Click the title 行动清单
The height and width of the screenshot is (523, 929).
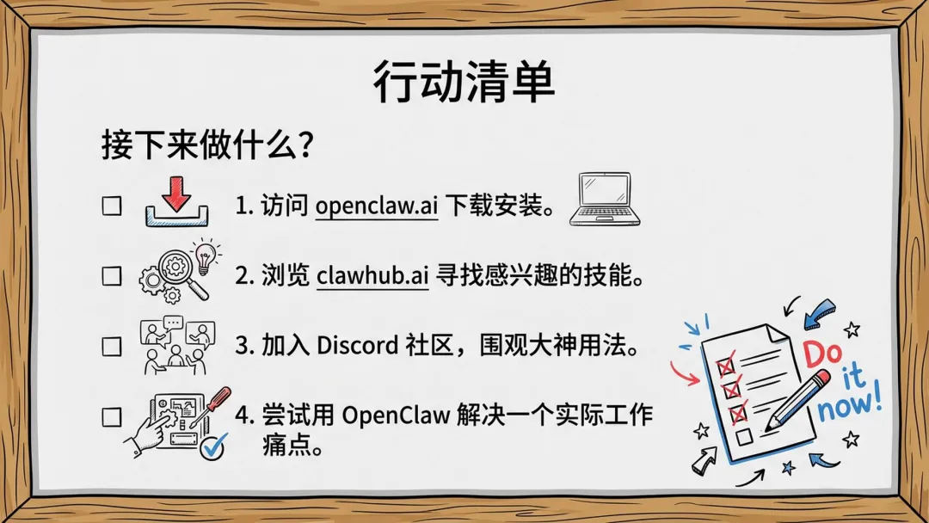(x=464, y=83)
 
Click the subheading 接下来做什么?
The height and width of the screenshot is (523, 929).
(x=207, y=145)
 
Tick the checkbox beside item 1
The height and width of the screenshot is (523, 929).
(x=112, y=206)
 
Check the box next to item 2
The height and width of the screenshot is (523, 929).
(x=112, y=276)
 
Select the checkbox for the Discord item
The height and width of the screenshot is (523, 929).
(x=112, y=347)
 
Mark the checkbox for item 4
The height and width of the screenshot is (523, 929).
(x=112, y=417)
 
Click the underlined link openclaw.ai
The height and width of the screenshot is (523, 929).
(x=376, y=206)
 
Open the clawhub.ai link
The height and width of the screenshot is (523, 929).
(x=372, y=277)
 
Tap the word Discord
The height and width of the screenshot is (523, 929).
(x=357, y=346)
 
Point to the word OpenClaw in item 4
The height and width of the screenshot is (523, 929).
(x=396, y=415)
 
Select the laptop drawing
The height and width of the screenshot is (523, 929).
(x=605, y=200)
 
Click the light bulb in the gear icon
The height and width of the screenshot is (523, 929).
(x=205, y=256)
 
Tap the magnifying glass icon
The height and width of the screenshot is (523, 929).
(x=181, y=274)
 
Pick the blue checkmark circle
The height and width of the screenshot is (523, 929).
(x=212, y=446)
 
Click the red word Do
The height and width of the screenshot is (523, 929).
(x=823, y=354)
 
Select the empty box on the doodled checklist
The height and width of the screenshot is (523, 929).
(x=744, y=438)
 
